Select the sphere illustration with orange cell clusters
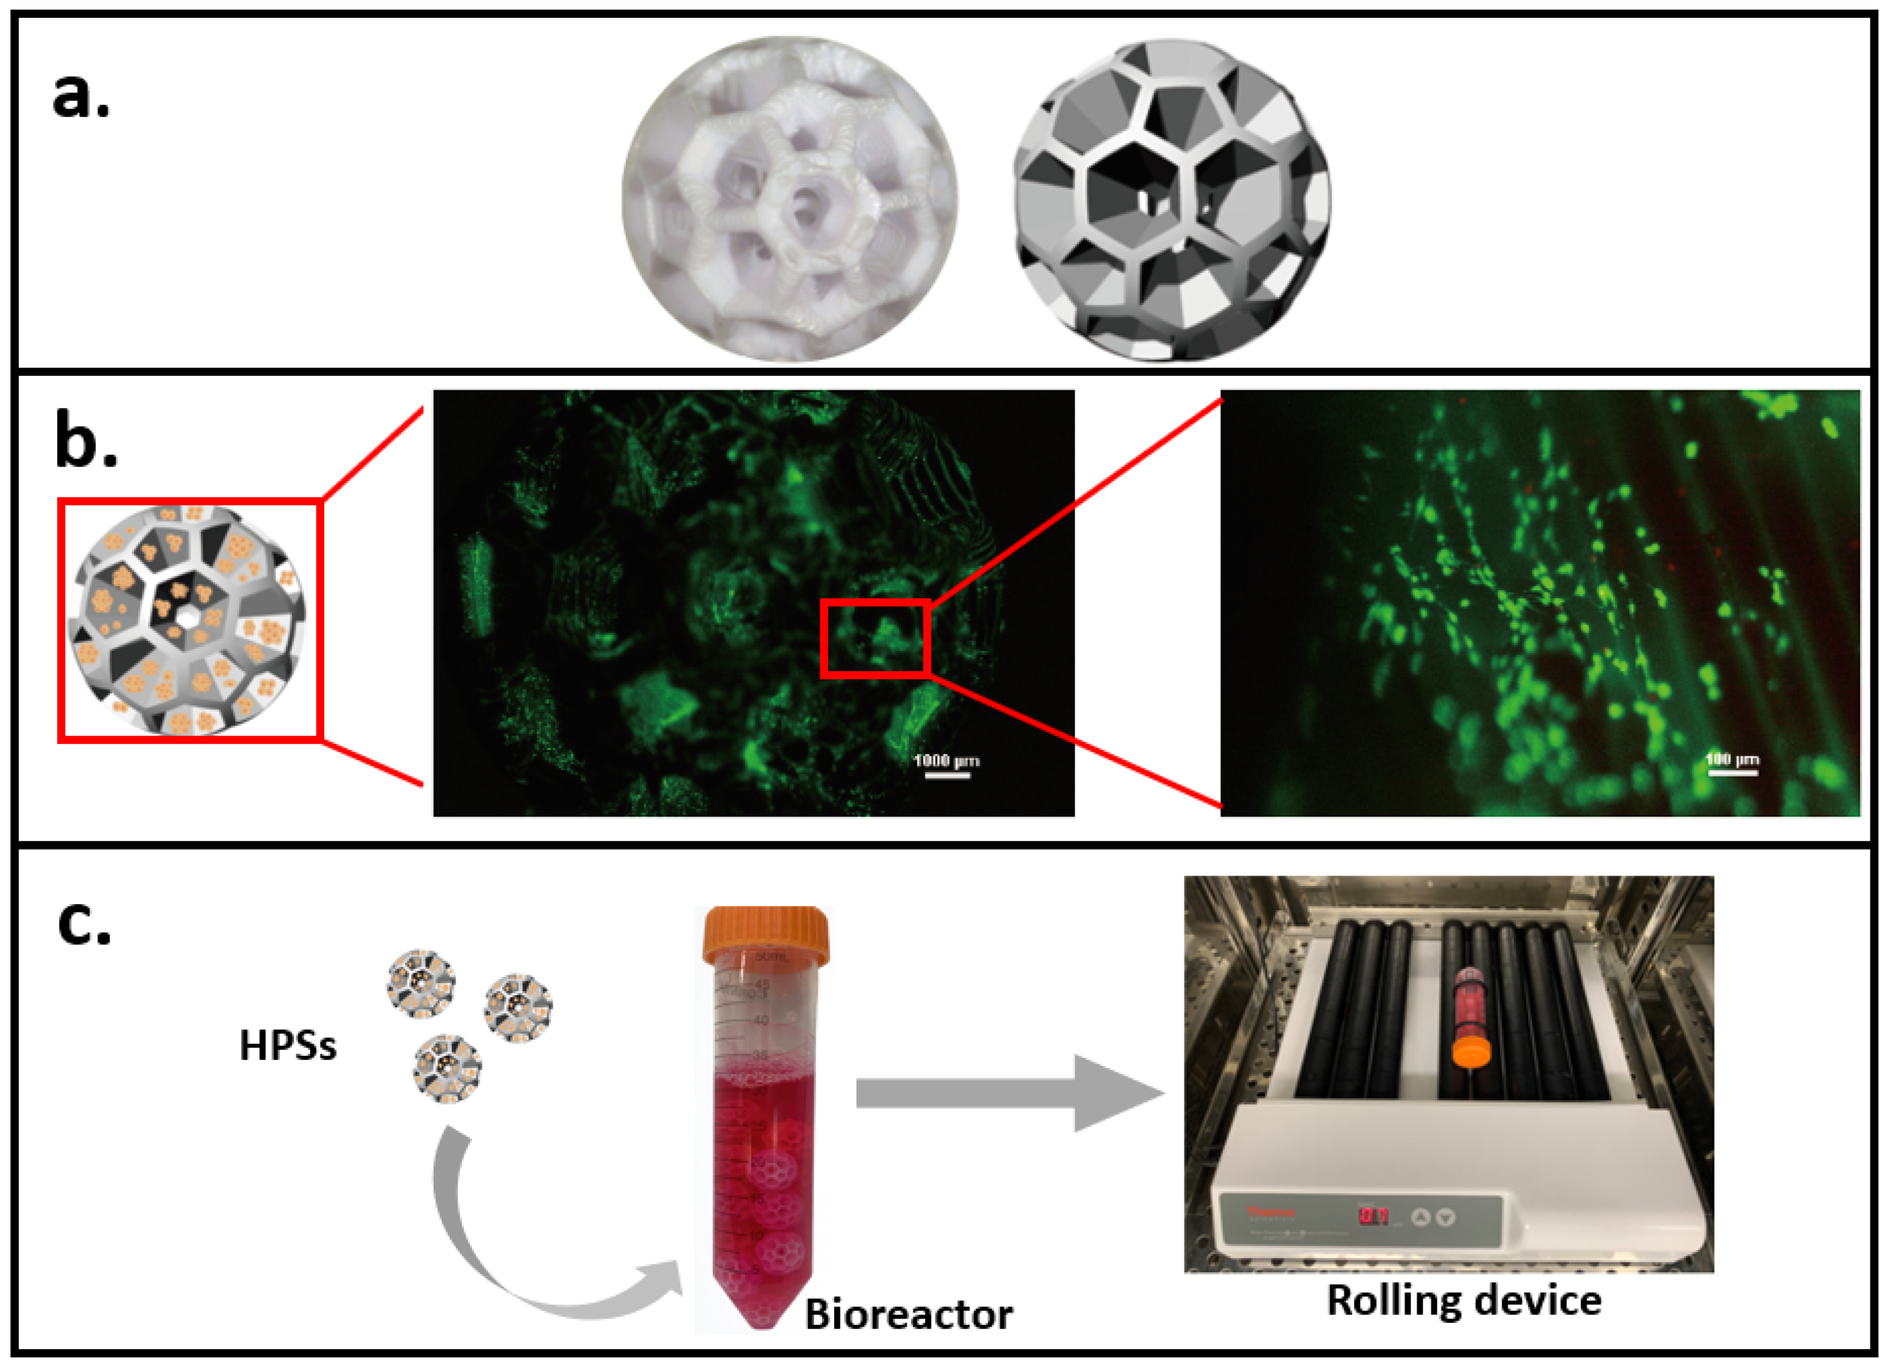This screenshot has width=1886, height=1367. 188,620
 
